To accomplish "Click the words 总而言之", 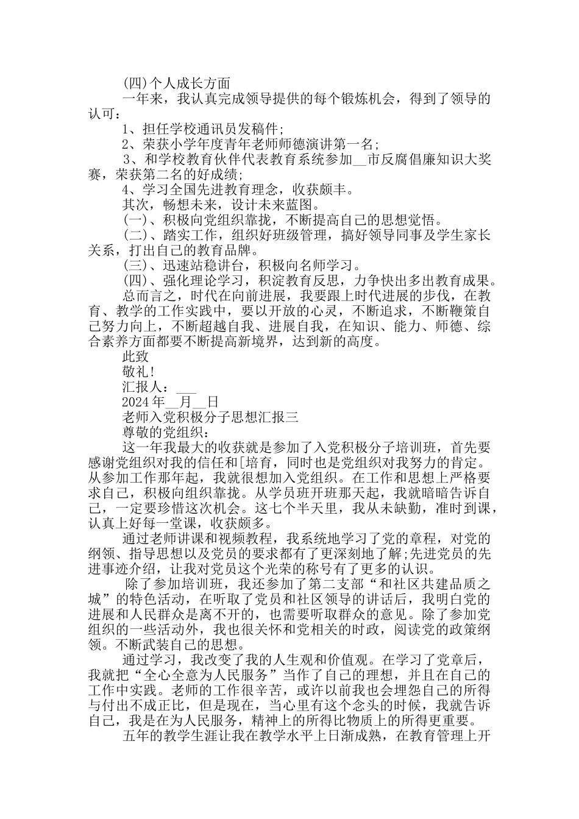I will [146, 296].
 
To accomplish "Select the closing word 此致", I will [135, 356].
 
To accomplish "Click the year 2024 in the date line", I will [136, 402].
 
